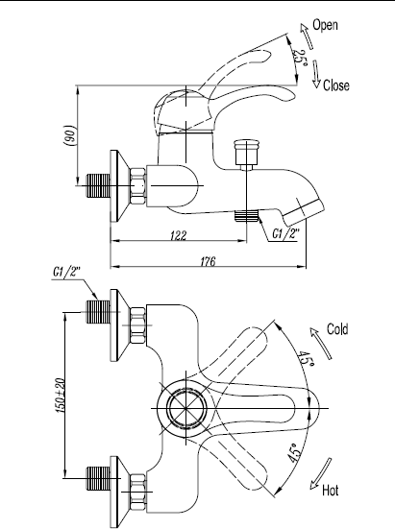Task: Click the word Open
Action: pos(325,25)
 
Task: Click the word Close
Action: pos(336,85)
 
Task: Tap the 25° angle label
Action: pos(300,58)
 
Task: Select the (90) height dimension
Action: pos(70,135)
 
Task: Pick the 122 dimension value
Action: pos(178,235)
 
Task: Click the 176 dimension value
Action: pos(208,261)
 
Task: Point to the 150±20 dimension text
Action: pos(60,396)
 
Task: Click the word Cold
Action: pos(337,329)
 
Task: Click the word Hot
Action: pos(331,491)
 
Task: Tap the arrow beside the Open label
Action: pos(307,36)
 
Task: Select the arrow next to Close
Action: pos(315,74)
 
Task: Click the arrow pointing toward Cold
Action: pos(321,343)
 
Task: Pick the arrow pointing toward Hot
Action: pos(321,473)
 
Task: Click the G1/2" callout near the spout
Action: pos(286,233)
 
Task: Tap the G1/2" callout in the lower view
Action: pos(67,272)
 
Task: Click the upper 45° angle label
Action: pos(306,360)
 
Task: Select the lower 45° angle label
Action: pos(294,452)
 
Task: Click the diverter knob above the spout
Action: pos(247,155)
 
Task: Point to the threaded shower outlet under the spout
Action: pos(246,216)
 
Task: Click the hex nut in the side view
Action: pos(137,186)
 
